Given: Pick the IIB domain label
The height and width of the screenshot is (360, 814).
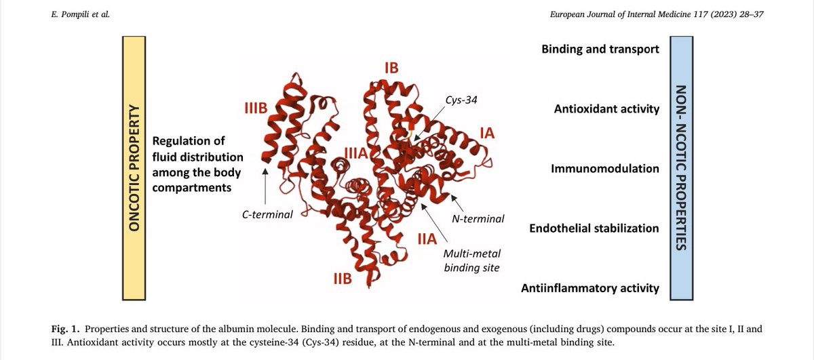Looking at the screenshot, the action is tap(342, 278).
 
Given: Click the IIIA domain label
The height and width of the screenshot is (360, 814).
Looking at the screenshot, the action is tap(355, 153).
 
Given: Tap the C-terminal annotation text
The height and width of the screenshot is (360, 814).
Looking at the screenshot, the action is tap(267, 215).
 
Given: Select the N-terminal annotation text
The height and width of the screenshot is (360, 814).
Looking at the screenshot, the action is tap(478, 218).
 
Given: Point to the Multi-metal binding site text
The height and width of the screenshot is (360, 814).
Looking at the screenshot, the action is tap(471, 260).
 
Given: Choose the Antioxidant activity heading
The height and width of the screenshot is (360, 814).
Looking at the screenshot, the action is tap(606, 109).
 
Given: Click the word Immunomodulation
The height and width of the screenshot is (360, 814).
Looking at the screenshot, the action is tap(605, 168).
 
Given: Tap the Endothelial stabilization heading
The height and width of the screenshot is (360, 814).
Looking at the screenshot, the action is tap(594, 228).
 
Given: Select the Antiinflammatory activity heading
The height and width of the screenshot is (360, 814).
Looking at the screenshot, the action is tap(589, 288).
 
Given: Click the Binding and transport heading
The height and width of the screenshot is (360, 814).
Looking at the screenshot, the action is tap(600, 49).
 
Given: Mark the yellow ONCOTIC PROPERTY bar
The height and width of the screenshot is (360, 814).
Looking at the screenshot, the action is tap(134, 168).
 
